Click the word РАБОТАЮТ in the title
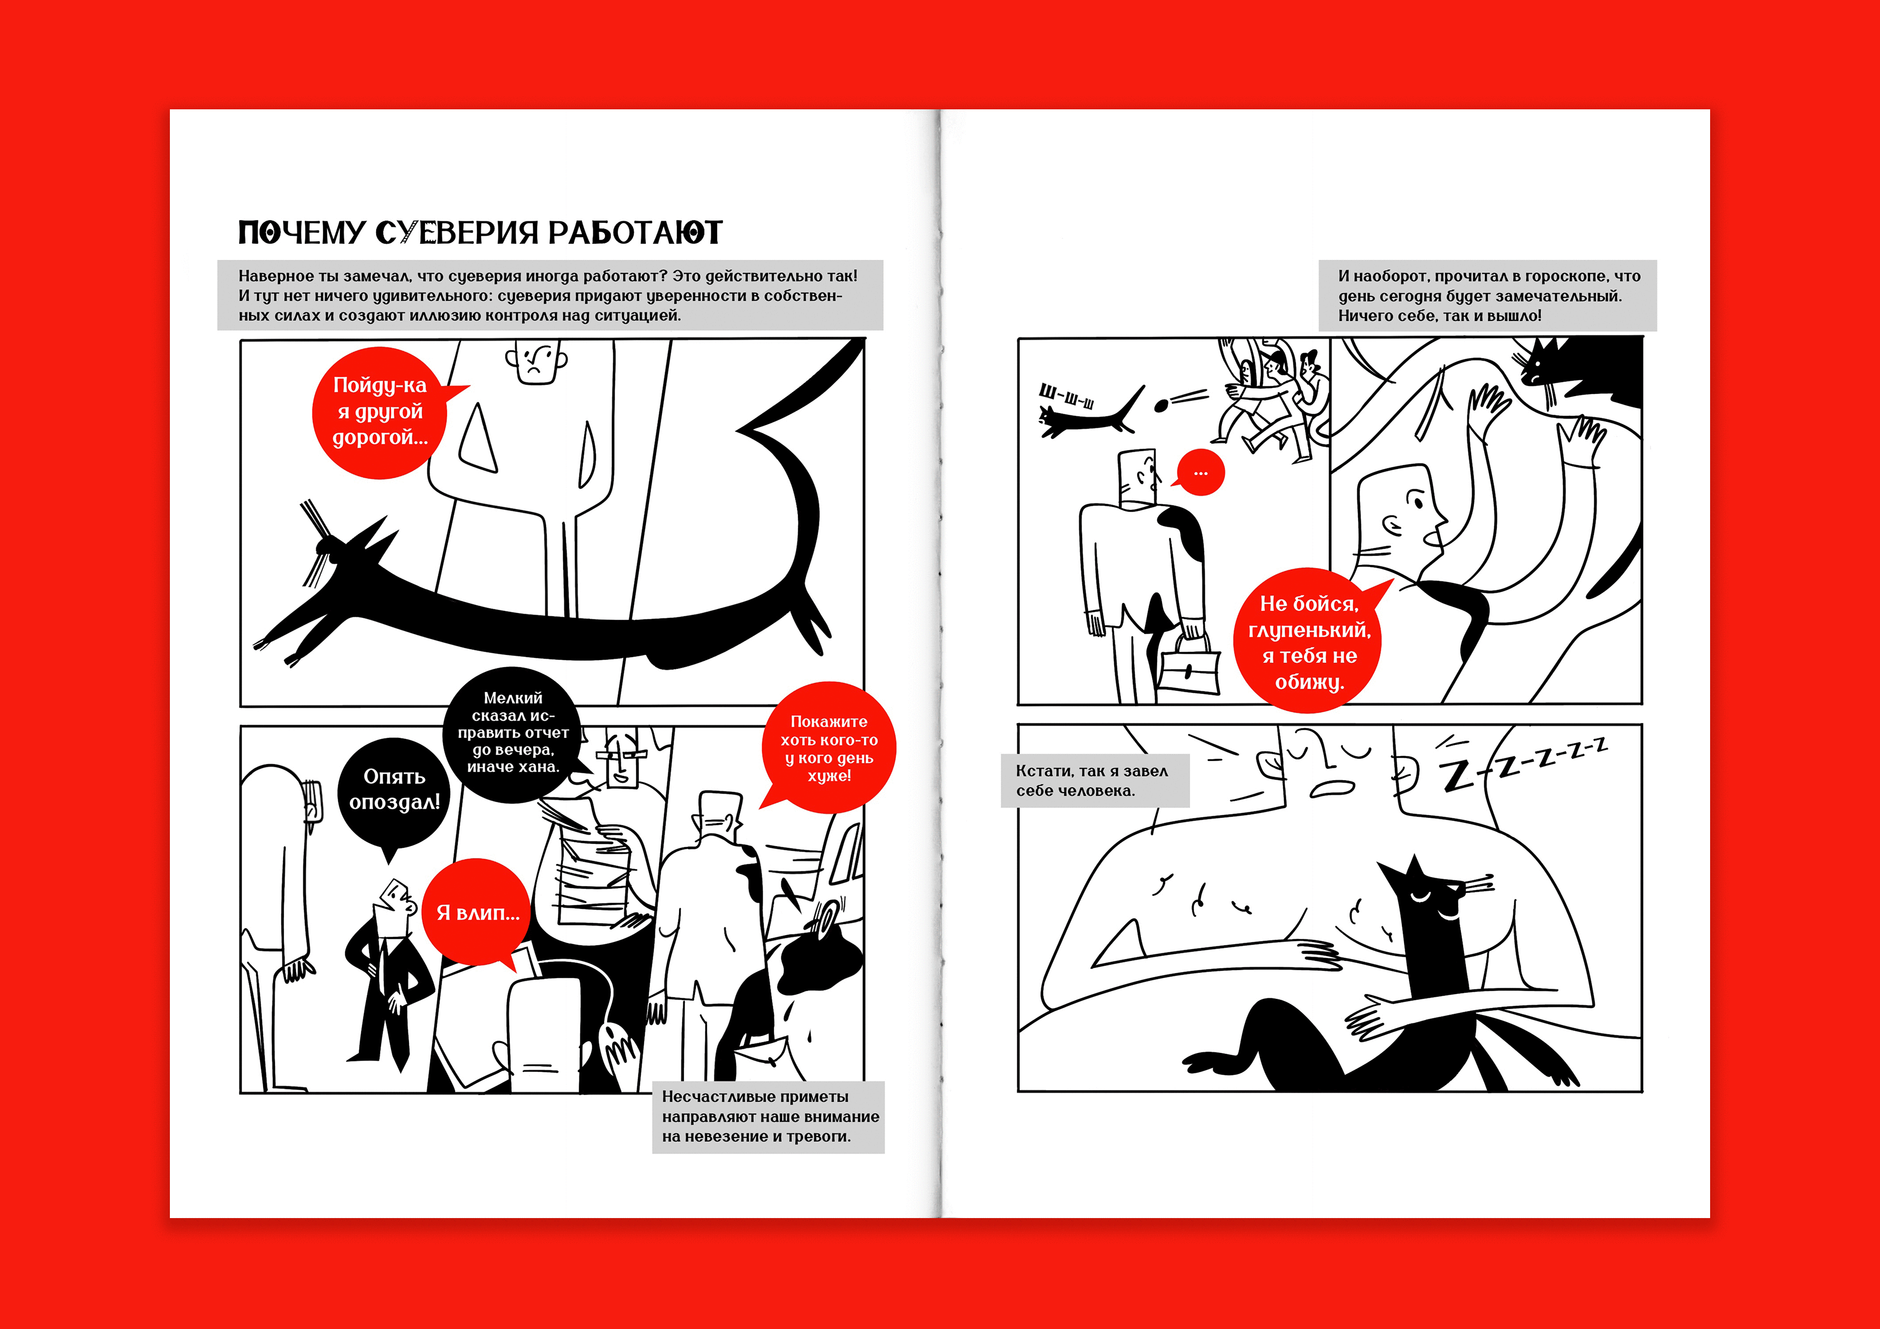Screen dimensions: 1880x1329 (635, 233)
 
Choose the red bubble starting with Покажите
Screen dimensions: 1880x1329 (830, 748)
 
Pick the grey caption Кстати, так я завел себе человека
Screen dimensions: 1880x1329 (1095, 780)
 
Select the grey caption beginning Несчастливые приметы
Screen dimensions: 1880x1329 (768, 1117)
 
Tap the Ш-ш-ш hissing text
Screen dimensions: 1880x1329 (1066, 397)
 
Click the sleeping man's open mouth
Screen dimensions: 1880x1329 (1332, 788)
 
